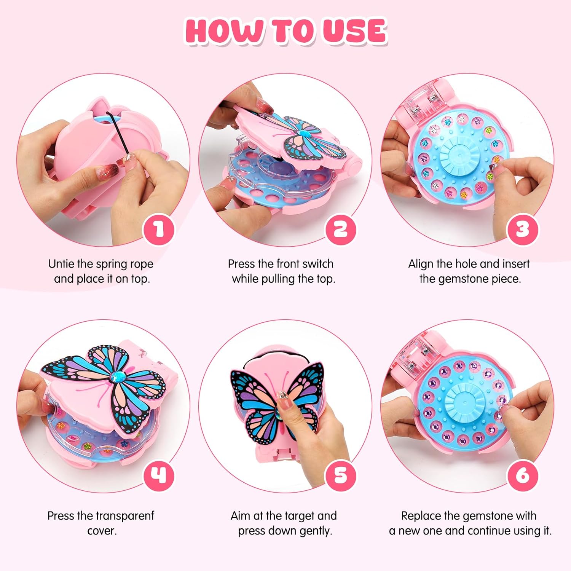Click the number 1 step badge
click(159, 230)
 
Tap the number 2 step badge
click(341, 230)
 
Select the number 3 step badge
click(523, 230)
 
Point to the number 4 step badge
click(159, 475)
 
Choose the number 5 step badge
click(341, 475)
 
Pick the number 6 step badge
click(523, 475)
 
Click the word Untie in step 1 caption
click(62, 264)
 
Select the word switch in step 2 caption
click(316, 264)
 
